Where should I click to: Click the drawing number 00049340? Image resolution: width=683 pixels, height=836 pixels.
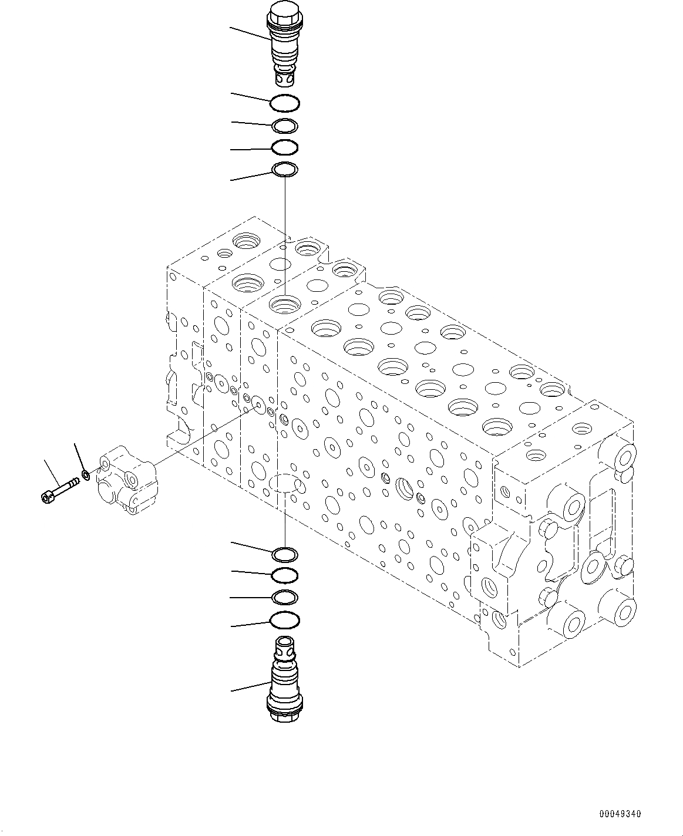point(620,814)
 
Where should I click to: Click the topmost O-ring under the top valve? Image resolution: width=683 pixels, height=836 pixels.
point(285,103)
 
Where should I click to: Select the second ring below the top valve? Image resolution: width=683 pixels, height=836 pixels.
point(285,126)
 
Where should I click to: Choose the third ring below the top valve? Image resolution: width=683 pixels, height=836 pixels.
point(285,147)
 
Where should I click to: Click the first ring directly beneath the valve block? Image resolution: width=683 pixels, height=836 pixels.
point(285,553)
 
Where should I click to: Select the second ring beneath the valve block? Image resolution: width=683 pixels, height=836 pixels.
point(285,575)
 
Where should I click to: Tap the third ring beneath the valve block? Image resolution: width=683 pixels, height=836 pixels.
point(285,597)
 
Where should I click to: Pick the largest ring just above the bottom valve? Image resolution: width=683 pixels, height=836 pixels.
point(285,619)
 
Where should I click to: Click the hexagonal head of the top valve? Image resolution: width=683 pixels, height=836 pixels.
point(285,13)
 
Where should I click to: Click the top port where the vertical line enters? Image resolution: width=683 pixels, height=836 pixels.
point(285,304)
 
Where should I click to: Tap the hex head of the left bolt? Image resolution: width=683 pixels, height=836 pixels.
point(47,497)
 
